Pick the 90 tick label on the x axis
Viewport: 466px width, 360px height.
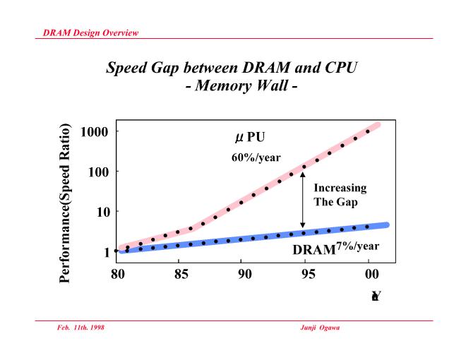[242, 274]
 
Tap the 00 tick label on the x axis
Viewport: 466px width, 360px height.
[368, 274]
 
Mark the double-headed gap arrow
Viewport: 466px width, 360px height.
[303, 200]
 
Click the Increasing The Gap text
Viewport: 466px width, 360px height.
[340, 194]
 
